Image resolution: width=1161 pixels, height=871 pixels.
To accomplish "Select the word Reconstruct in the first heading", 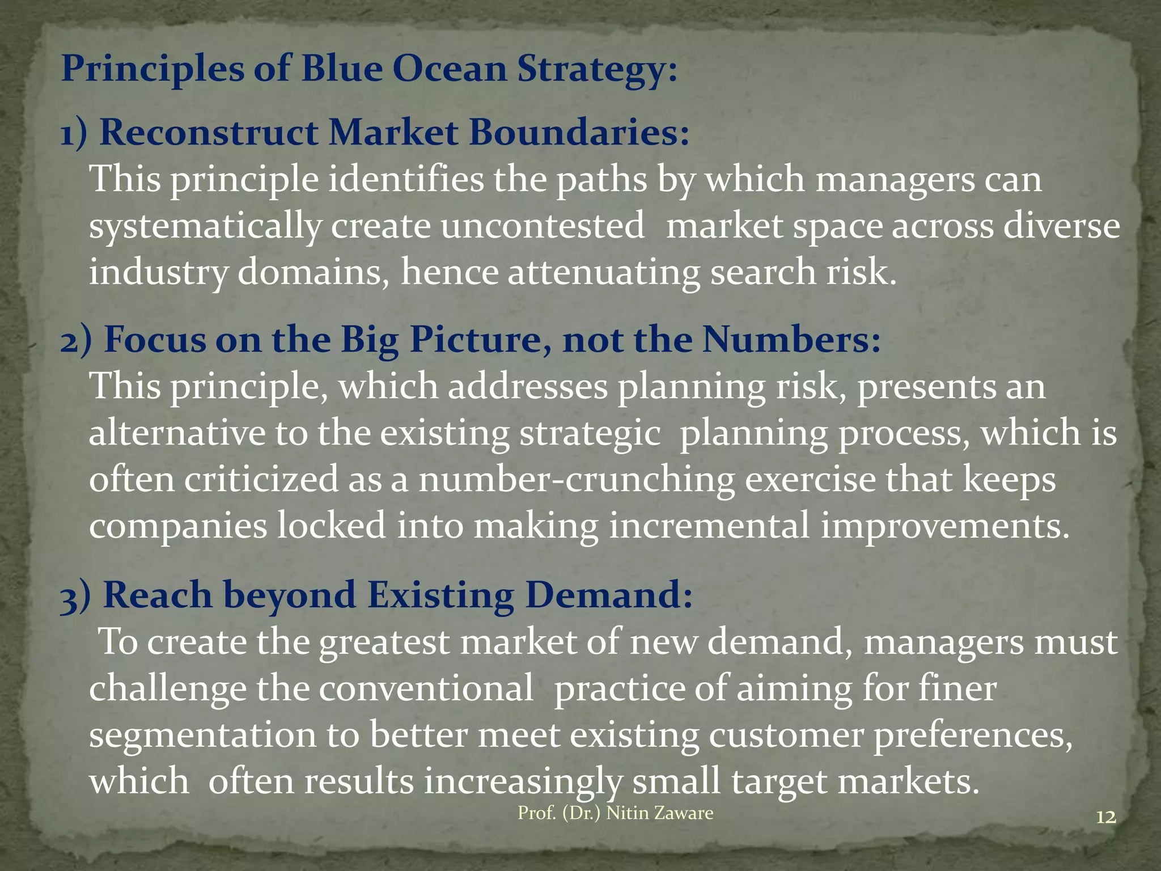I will pyautogui.click(x=209, y=133).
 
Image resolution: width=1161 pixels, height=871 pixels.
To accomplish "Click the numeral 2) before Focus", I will pyautogui.click(x=75, y=340).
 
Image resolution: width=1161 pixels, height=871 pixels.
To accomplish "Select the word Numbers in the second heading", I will pyautogui.click(x=791, y=340).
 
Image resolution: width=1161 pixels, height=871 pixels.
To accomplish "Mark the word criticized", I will pyautogui.click(x=261, y=479).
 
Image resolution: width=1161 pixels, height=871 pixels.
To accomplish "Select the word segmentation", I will pyautogui.click(x=202, y=735).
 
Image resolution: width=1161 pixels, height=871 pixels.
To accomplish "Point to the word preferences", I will pyautogui.click(x=973, y=735).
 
